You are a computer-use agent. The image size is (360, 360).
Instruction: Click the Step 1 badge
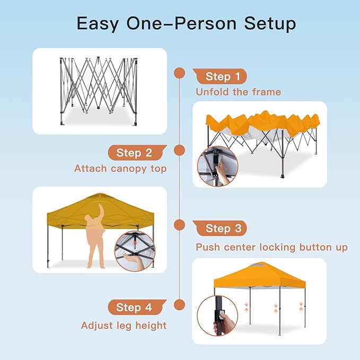pos(220,76)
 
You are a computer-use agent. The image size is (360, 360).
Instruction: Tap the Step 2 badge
pos(137,153)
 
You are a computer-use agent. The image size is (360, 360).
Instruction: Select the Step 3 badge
pos(220,229)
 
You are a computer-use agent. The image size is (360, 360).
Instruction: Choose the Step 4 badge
pos(137,307)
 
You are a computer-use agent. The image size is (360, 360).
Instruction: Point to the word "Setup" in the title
pos(270,24)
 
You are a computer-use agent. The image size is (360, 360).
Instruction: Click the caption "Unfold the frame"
pos(238,92)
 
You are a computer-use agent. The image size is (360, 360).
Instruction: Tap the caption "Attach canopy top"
pos(120,169)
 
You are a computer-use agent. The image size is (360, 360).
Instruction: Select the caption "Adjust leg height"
pos(124,326)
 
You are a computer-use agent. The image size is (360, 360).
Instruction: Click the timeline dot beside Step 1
pos(180,73)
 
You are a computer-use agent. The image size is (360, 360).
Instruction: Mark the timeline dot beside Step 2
pos(180,151)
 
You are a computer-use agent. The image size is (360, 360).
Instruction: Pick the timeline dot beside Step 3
pos(180,225)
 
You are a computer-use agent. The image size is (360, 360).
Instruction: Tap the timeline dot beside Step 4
pos(180,305)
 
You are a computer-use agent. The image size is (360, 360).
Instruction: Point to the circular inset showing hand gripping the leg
pos(218,316)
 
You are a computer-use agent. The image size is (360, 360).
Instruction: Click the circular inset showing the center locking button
pos(135,251)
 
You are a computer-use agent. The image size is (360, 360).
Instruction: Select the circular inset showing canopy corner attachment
pos(218,166)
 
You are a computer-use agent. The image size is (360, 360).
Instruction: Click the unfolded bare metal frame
pos(99,91)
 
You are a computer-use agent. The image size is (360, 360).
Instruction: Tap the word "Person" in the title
pos(205,23)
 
